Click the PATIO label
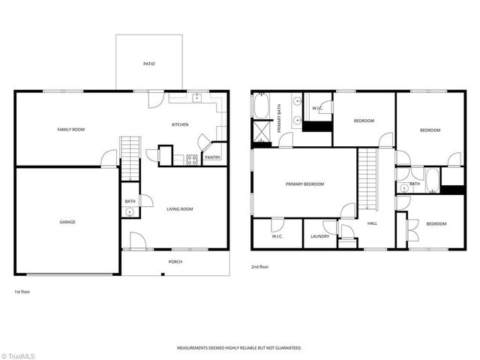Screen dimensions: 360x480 (149, 64)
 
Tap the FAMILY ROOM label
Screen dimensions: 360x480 (71, 130)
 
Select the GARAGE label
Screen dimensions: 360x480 (67, 222)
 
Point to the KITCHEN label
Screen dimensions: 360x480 (180, 124)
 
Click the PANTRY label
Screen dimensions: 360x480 (212, 157)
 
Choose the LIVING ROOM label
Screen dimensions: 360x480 (180, 209)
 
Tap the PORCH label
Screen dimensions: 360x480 (175, 262)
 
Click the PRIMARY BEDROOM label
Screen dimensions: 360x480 (304, 184)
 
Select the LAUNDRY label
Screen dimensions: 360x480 (319, 237)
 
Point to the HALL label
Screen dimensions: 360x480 (372, 223)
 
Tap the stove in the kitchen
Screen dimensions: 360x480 (191, 159)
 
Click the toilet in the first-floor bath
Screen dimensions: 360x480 (130, 212)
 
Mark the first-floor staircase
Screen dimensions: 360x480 (130, 157)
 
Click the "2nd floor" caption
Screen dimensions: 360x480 (260, 266)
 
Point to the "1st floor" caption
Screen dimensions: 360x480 (22, 291)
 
